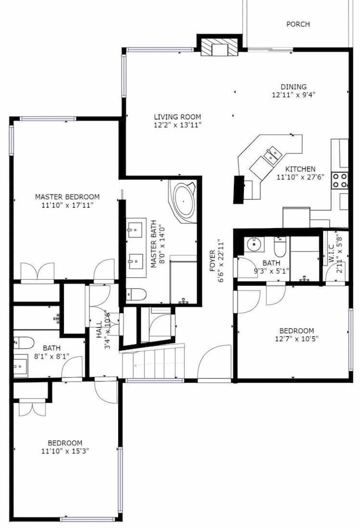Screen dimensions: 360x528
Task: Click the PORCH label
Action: coord(298,24)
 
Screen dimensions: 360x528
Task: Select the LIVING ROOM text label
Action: coord(177,117)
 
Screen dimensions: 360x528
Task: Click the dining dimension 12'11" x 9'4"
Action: coord(293,95)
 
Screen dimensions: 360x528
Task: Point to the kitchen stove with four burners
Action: coord(339,180)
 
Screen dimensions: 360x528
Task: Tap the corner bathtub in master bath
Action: coord(183,201)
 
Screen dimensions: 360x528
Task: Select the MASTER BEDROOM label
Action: coord(68,196)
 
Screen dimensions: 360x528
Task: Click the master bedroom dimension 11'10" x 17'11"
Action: coord(68,205)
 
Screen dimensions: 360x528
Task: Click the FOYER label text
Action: coord(213,261)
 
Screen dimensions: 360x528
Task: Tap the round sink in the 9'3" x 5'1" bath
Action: coord(254,244)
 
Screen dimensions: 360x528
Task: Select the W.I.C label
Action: coord(331,253)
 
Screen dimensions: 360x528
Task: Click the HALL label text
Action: coord(99,329)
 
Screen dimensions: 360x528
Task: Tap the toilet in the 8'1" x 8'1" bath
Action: coord(24,343)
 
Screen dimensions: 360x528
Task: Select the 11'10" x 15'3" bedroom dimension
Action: coord(65,451)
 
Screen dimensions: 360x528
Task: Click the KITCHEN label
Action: coord(300,169)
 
